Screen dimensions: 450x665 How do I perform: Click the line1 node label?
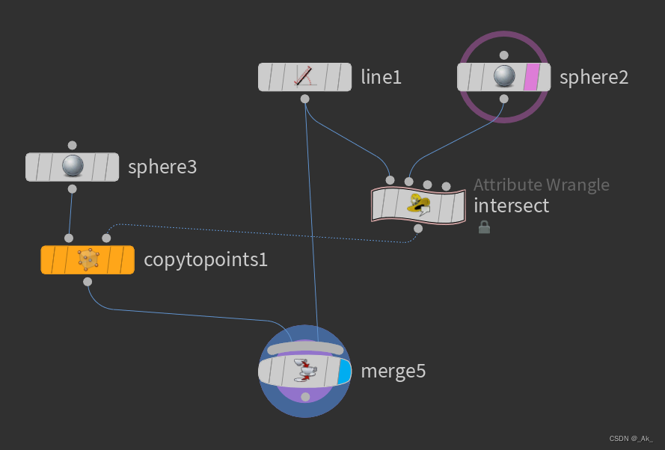pos(381,76)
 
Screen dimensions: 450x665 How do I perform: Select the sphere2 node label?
pos(594,76)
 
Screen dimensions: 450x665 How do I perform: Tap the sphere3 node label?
pos(162,167)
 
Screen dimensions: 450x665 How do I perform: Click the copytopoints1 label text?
pos(206,260)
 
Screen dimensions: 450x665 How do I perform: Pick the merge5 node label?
pos(393,370)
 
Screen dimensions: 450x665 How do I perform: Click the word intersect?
pos(512,205)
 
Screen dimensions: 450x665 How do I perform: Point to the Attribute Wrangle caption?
pos(542,185)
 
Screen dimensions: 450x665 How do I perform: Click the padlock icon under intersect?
pos(484,226)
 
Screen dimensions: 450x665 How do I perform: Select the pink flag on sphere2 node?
pos(531,77)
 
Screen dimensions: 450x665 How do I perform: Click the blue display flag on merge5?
pos(343,372)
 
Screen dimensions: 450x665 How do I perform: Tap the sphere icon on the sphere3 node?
pos(73,167)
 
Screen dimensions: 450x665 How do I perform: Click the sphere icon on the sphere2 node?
pos(504,77)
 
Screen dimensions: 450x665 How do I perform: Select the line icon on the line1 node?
pos(304,76)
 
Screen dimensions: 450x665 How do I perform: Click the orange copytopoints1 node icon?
pos(88,259)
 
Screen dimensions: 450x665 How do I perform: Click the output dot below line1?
pos(304,99)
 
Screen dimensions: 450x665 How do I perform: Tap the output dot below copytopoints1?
pos(88,282)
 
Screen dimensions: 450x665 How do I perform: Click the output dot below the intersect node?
pos(418,228)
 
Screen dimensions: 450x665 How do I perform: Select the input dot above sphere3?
pos(72,145)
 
